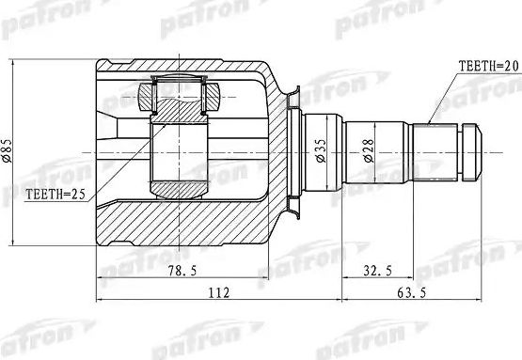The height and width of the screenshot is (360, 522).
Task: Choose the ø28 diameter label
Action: pyautogui.click(x=370, y=150)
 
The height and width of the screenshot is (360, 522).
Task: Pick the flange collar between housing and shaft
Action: pyautogui.click(x=297, y=150)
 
